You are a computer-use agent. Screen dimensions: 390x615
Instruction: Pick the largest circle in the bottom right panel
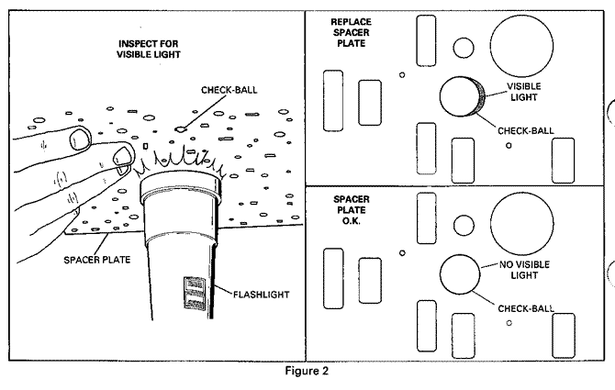click(x=523, y=223)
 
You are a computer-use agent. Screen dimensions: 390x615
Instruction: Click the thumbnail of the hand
click(x=79, y=139)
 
